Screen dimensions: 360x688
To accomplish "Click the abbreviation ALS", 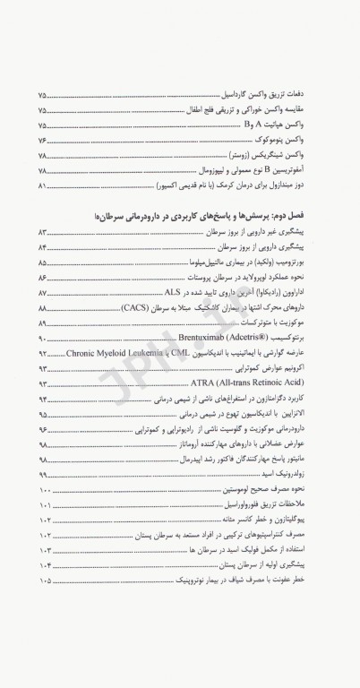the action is point(175,293).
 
